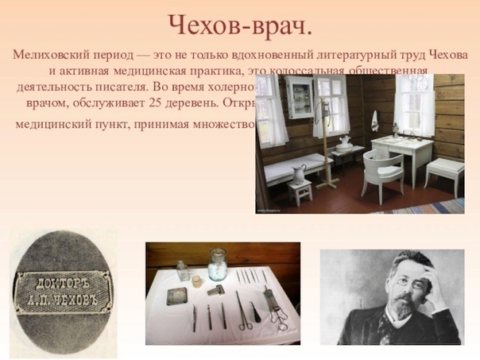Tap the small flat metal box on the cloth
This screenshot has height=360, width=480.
pos(176,296)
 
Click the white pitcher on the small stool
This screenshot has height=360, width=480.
pos(299,172)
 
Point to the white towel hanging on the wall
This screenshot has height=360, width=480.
pos(374,121)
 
